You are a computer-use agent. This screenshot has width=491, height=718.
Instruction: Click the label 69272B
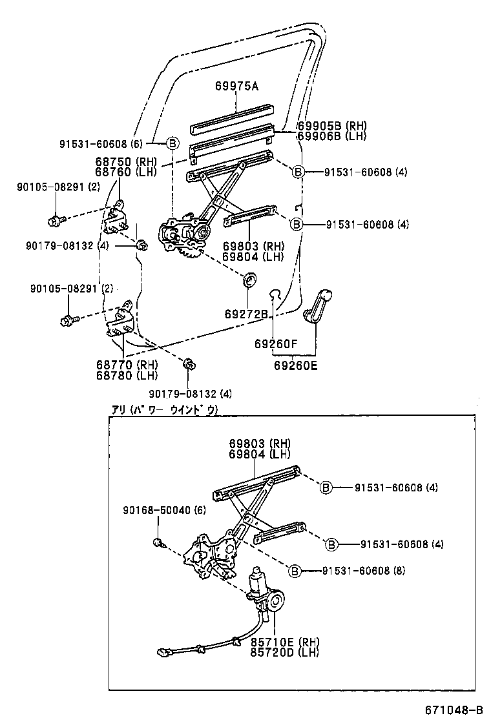click(246, 314)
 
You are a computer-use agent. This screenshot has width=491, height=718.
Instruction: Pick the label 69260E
click(296, 365)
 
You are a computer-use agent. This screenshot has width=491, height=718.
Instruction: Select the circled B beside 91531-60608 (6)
click(172, 143)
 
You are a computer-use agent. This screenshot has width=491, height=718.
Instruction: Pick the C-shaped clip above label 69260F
click(274, 294)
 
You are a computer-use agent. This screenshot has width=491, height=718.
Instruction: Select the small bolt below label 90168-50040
click(158, 541)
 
